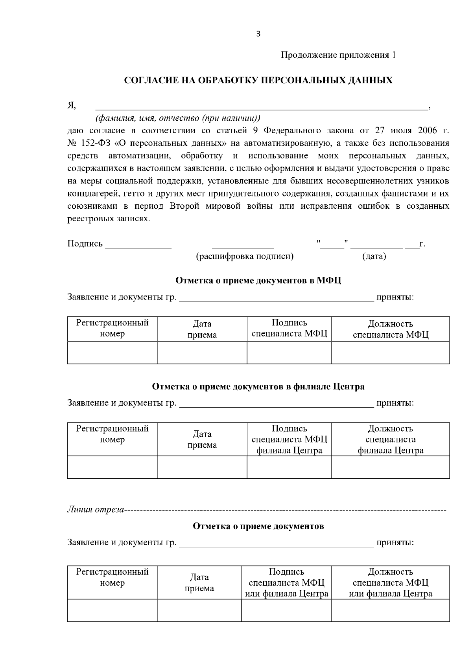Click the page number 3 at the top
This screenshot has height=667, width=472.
pos(258,34)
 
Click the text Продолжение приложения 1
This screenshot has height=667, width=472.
pos(338,55)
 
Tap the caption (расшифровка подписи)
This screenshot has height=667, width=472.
pos(245,257)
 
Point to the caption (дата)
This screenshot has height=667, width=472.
pos(374,257)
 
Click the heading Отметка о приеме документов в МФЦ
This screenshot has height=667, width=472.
pos(258,281)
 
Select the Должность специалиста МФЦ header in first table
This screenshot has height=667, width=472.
pos(390,329)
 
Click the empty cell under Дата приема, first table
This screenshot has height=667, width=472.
pos(202,353)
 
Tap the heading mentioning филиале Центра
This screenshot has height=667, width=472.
pos(258,387)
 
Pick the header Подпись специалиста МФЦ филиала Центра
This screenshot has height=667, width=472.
pos(289,439)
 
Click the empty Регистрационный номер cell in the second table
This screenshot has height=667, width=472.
pos(112,467)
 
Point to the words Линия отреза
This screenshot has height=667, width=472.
pos(95,510)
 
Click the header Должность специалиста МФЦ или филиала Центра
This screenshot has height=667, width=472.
pos(390,582)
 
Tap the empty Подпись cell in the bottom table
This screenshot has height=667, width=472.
pos(286,610)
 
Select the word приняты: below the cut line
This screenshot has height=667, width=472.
pos(395,543)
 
